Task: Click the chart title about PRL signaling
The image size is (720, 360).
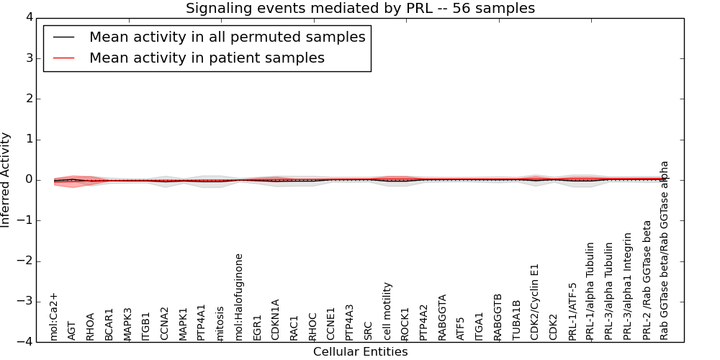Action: pos(360,9)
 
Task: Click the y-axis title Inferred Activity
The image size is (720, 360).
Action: pos(6,180)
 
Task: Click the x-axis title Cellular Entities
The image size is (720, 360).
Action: pos(360,352)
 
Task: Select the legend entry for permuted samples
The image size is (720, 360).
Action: pos(227,37)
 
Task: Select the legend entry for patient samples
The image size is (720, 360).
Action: pos(207,58)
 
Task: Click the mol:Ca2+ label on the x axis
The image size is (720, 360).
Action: pos(54,316)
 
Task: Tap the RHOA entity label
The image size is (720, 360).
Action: pos(91,325)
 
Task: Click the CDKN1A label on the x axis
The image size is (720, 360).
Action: pos(276,319)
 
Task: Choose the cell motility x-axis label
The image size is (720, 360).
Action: pos(387,310)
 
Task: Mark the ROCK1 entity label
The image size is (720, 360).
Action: pos(405,323)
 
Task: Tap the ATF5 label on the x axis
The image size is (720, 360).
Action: pos(461,327)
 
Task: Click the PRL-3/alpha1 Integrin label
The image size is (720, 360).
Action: pos(627,286)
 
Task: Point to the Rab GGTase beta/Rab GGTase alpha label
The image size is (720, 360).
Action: pos(664,250)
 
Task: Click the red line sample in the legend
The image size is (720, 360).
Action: pos(63,58)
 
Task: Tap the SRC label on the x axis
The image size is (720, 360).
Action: pos(369,330)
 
